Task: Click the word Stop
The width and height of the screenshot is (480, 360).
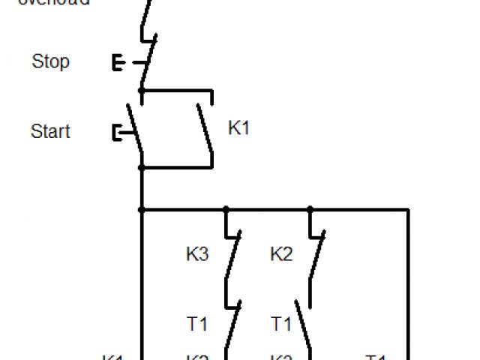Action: coord(50,61)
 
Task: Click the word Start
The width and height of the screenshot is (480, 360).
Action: coord(50,131)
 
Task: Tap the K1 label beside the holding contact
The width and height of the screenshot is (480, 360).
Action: coord(238,128)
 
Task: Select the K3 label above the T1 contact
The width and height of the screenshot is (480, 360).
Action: coord(197,255)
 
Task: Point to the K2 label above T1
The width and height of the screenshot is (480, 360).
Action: coord(281,255)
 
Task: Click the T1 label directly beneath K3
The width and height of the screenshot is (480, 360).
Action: coord(197,325)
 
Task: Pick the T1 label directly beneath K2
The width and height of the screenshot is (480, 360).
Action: coord(281,325)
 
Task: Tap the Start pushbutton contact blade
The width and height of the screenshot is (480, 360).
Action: coord(135,127)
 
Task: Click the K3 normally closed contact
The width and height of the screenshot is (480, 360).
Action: coord(232,255)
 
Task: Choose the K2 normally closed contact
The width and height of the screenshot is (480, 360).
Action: coord(316,255)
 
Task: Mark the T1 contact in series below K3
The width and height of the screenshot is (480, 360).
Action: coord(232,324)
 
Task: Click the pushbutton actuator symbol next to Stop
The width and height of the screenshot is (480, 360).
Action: coord(118,62)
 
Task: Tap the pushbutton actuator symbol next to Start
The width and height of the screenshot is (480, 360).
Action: coord(118,133)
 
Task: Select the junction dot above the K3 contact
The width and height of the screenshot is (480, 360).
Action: coord(226,210)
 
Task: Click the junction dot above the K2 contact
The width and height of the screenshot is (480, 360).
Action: coord(310,210)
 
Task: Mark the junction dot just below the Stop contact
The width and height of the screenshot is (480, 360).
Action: coord(142,91)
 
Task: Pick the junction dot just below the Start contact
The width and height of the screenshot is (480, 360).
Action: coord(142,166)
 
